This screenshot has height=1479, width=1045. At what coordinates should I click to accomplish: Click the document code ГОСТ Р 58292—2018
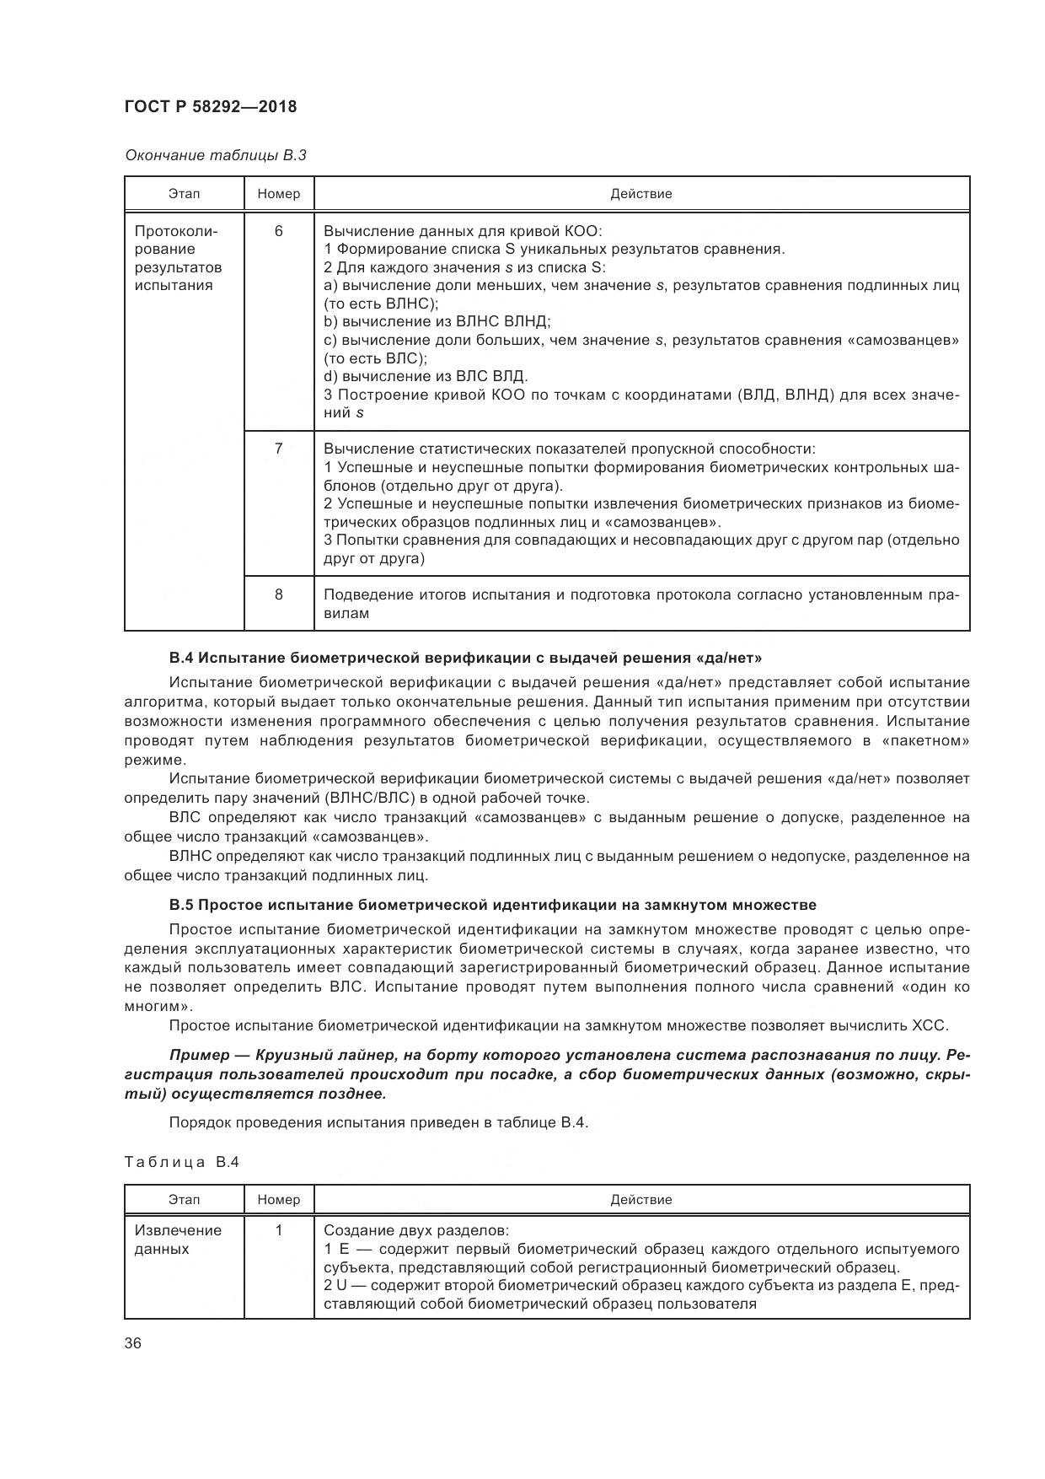[x=211, y=107]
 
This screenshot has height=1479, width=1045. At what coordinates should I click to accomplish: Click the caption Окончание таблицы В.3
[x=216, y=155]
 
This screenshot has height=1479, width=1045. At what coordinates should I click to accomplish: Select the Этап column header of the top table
[x=184, y=194]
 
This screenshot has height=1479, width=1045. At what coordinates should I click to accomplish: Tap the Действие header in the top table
[x=640, y=194]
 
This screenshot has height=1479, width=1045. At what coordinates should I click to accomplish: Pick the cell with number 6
[x=279, y=231]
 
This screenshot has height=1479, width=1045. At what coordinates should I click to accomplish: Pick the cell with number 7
[x=279, y=449]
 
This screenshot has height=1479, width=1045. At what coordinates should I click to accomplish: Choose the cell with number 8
[x=279, y=594]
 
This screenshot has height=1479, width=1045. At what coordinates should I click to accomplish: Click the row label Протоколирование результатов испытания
[x=178, y=258]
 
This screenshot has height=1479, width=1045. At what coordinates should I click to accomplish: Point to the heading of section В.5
[x=492, y=905]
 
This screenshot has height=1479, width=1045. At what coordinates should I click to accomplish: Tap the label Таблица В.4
[x=182, y=1162]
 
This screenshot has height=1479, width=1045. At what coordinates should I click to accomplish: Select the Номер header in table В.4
[x=279, y=1199]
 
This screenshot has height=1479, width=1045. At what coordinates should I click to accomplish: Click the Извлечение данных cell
[x=178, y=1240]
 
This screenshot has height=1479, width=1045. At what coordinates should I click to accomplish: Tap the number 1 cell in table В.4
[x=279, y=1230]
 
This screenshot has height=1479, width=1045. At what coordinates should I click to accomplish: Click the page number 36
[x=133, y=1344]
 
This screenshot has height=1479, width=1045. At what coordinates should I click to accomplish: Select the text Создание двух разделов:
[x=416, y=1230]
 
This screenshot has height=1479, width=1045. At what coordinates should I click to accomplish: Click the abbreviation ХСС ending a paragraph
[x=930, y=1025]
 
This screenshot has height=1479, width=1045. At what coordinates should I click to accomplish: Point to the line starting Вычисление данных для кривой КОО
[x=463, y=231]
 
